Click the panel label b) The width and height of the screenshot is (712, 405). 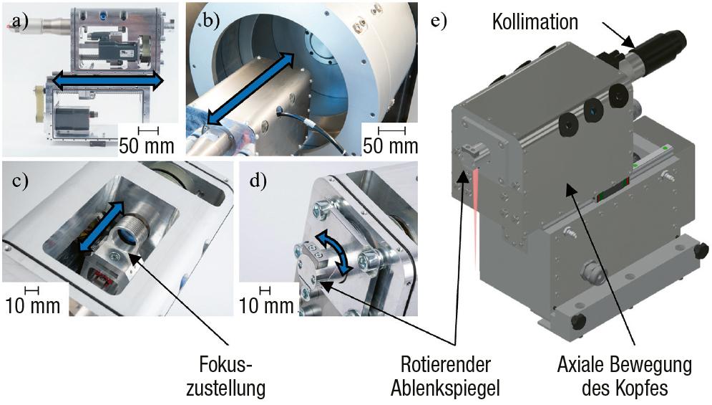click(x=210, y=21)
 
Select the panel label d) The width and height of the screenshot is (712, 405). click(x=258, y=181)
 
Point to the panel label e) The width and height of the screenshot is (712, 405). click(x=439, y=21)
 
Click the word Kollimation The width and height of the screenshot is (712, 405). click(x=535, y=22)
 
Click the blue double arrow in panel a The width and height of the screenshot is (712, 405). click(x=107, y=80)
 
